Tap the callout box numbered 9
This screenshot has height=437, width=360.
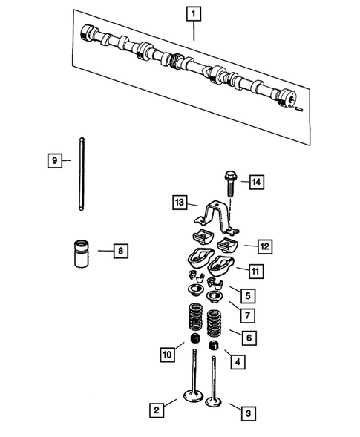click(x=53, y=160)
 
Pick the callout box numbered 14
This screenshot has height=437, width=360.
click(x=256, y=182)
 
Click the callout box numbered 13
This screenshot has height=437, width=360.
click(x=178, y=203)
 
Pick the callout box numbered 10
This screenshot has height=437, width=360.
click(x=168, y=355)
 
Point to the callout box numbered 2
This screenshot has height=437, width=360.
click(x=157, y=410)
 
